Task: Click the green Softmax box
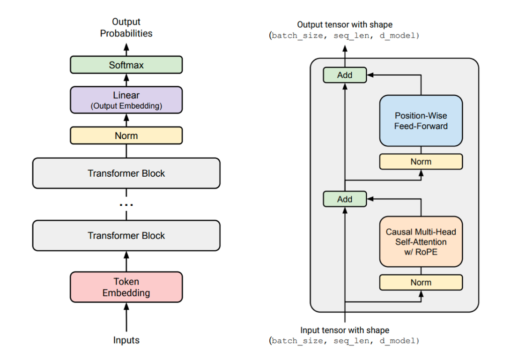click(x=126, y=65)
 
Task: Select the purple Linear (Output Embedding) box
click(x=126, y=100)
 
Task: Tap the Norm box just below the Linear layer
click(x=126, y=135)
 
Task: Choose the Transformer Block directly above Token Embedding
click(x=126, y=235)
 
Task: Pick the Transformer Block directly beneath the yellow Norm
click(x=126, y=173)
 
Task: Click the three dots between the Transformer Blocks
click(x=126, y=205)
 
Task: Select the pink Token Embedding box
click(x=126, y=287)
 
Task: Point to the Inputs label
click(x=126, y=340)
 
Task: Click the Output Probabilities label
click(x=126, y=28)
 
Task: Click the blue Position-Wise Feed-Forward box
click(x=421, y=120)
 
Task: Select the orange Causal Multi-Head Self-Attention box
click(x=421, y=242)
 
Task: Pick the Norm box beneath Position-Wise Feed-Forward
click(x=421, y=162)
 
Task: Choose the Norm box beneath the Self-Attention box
click(x=421, y=283)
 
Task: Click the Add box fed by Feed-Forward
click(x=345, y=75)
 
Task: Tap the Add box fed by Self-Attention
click(x=345, y=199)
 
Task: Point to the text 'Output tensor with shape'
click(x=345, y=24)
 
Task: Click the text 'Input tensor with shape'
click(x=345, y=330)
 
